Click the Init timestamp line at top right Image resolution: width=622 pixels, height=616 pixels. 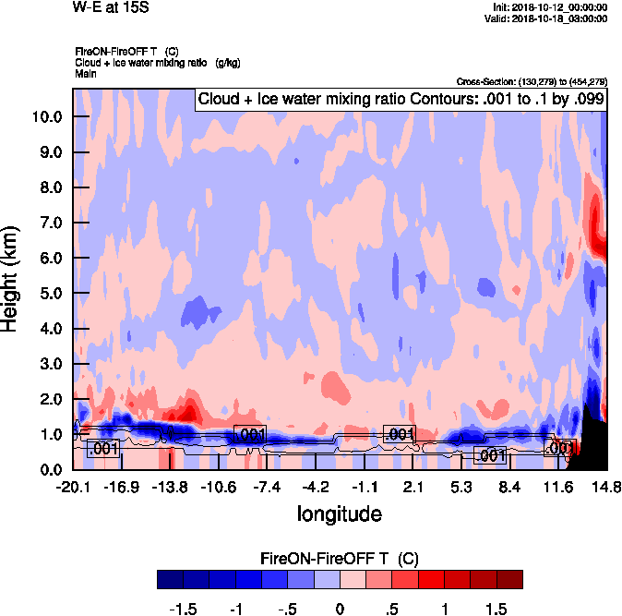click(x=550, y=7)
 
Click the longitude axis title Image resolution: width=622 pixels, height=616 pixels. click(x=339, y=513)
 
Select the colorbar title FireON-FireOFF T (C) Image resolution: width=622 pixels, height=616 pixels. click(x=340, y=558)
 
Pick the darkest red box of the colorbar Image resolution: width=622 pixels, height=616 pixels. click(x=509, y=579)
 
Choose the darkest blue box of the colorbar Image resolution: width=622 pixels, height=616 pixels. click(x=170, y=579)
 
